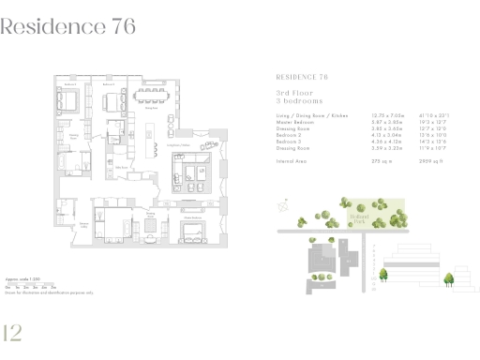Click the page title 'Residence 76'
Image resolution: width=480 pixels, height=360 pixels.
(x=68, y=27)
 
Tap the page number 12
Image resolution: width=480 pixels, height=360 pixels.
(x=13, y=333)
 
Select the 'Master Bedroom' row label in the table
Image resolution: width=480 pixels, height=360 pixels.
(x=295, y=121)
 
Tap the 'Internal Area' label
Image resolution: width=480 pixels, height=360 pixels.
(x=292, y=161)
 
